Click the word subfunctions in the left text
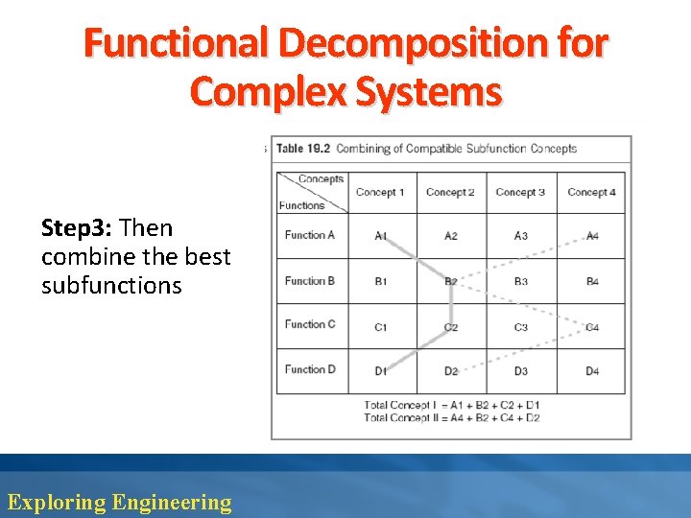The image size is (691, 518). (111, 285)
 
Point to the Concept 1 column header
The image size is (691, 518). (380, 192)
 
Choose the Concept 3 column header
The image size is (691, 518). (520, 192)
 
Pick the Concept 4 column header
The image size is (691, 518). (591, 192)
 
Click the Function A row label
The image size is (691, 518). (310, 235)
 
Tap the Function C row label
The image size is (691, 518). (310, 324)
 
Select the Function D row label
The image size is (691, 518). (310, 369)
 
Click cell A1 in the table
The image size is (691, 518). (381, 235)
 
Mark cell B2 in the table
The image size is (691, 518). (451, 281)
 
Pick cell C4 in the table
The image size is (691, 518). (592, 327)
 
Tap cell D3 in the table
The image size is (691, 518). (521, 371)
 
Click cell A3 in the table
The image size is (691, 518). (521, 235)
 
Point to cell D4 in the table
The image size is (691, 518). (592, 371)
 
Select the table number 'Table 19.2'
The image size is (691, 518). (303, 149)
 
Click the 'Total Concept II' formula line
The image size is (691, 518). (451, 417)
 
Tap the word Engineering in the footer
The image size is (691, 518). (172, 502)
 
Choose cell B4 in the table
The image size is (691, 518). (592, 281)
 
